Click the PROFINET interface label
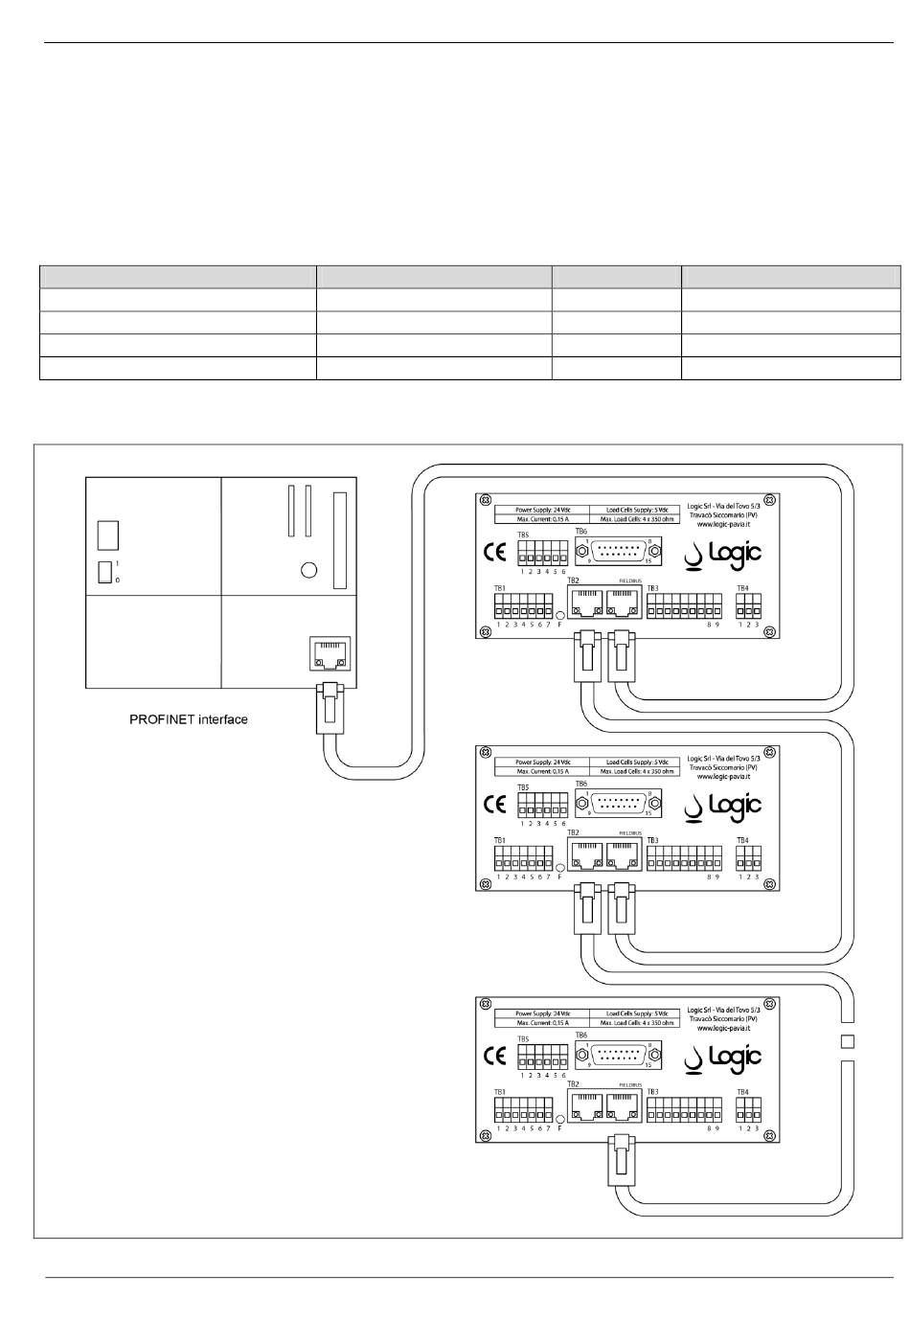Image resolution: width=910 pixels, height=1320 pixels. point(189,718)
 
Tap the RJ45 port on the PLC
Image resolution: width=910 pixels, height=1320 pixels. point(328,654)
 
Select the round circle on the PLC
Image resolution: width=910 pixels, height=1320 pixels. point(308,570)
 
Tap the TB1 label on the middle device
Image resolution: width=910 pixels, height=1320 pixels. point(499,840)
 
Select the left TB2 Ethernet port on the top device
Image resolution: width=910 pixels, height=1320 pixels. point(584,603)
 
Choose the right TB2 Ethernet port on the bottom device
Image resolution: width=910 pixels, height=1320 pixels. point(622,1107)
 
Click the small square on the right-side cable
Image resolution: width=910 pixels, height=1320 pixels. point(846,1040)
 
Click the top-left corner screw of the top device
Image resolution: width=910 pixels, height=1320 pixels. point(486,501)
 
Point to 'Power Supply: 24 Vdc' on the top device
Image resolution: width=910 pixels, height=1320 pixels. point(542,510)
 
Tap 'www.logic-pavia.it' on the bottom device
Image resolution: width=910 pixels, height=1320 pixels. point(725,1030)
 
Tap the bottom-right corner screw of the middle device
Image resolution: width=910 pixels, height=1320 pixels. point(772,881)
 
